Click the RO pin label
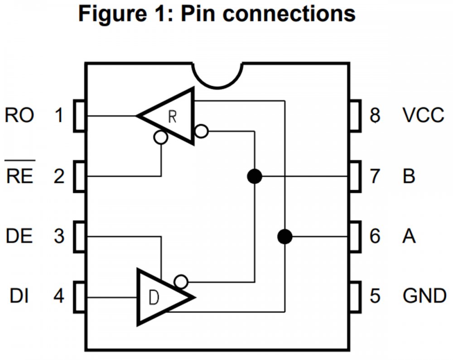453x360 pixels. (x=19, y=116)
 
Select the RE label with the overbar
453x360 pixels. (x=20, y=176)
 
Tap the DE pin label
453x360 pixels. (x=19, y=236)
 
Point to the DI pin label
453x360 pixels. (x=20, y=297)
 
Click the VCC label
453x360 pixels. (x=423, y=116)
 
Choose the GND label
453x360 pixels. (x=424, y=297)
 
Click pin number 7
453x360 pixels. (x=375, y=176)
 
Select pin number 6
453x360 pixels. (x=375, y=236)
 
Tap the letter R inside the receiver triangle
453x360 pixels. (x=172, y=116)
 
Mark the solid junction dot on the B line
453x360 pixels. (x=255, y=176)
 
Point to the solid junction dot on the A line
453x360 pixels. (x=284, y=236)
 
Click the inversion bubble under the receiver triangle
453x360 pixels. (x=160, y=137)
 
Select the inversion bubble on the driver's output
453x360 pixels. (x=182, y=282)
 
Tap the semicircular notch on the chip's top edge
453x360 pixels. (x=217, y=75)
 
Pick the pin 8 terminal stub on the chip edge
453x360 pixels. (x=355, y=116)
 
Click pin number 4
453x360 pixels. (x=59, y=297)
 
